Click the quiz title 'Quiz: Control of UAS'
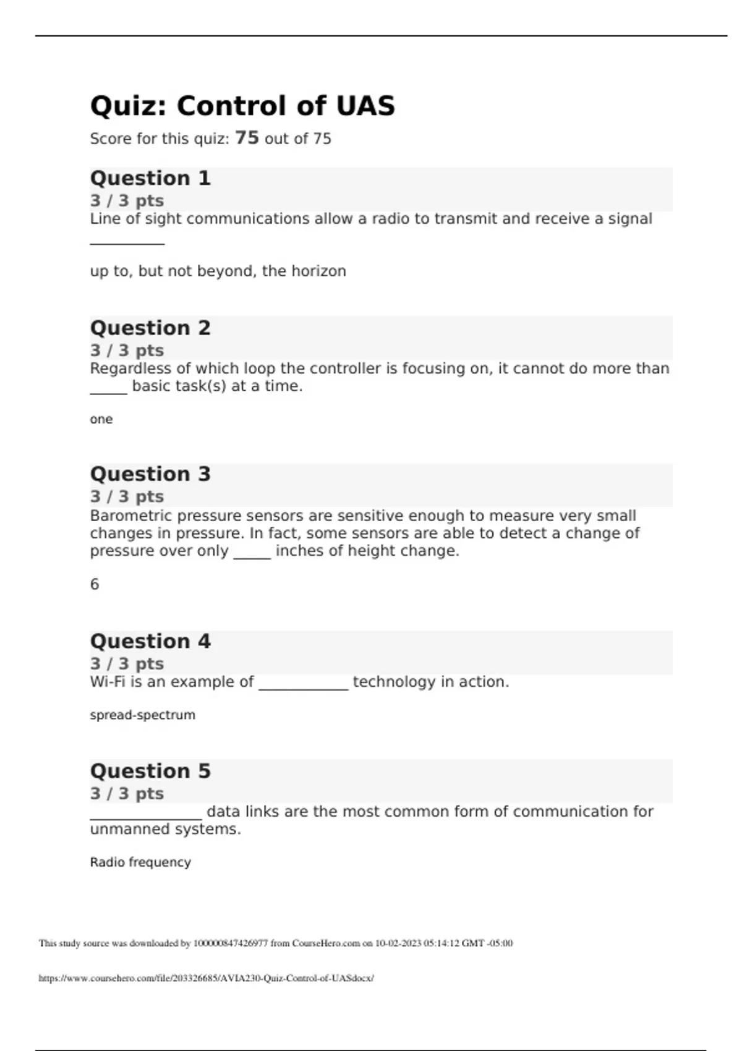pos(242,106)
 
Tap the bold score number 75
pos(247,137)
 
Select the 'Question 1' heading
pos(150,178)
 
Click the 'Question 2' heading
pos(150,328)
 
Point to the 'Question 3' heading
pos(150,474)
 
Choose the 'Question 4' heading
pos(150,641)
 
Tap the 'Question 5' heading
pos(150,771)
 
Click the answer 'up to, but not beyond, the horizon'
pos(218,271)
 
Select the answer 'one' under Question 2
pos(101,419)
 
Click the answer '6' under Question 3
pos(95,584)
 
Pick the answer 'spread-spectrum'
pos(142,715)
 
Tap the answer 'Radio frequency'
pos(140,862)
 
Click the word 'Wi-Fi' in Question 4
pos(108,682)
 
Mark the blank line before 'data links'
pos(146,817)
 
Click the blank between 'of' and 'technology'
pos(304,686)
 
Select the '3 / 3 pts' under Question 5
pos(127,793)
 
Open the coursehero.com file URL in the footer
pos(206,978)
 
